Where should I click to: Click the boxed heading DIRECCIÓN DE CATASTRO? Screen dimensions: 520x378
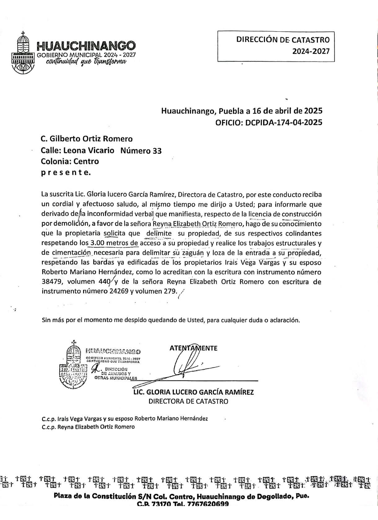[x=283, y=40]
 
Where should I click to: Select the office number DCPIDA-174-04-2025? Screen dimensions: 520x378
[x=283, y=122]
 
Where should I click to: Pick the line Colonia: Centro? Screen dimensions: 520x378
[x=70, y=161]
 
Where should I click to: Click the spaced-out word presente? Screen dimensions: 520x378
[x=66, y=173]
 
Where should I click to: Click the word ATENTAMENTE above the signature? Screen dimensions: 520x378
[x=193, y=348]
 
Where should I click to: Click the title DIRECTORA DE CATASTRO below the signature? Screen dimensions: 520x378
[x=188, y=402]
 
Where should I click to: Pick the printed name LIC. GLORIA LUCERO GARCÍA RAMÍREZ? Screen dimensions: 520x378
[x=193, y=392]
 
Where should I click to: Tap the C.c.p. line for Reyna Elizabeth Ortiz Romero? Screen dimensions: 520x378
[x=88, y=427]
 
